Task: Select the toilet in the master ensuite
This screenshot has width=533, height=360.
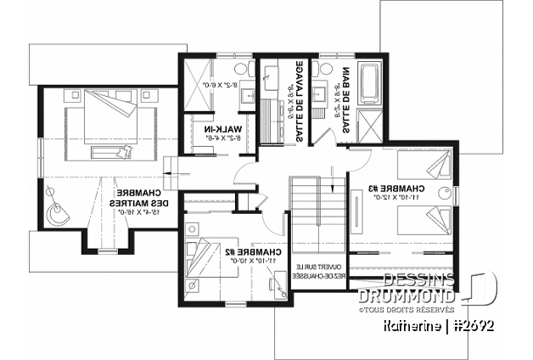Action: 238,68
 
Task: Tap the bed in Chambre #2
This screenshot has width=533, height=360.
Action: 203,261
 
